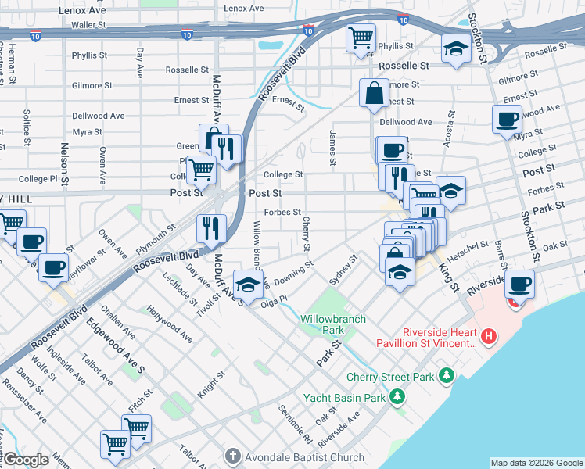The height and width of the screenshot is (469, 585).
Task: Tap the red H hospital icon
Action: pyautogui.click(x=489, y=337)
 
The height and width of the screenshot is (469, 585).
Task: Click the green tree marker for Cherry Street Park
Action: pyautogui.click(x=446, y=376)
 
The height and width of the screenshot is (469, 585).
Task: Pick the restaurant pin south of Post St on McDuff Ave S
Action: pyautogui.click(x=211, y=228)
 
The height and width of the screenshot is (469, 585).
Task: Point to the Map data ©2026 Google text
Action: pyautogui.click(x=536, y=463)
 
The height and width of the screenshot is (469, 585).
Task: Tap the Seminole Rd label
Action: pyautogui.click(x=295, y=424)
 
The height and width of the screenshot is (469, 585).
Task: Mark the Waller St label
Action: pyautogui.click(x=88, y=25)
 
